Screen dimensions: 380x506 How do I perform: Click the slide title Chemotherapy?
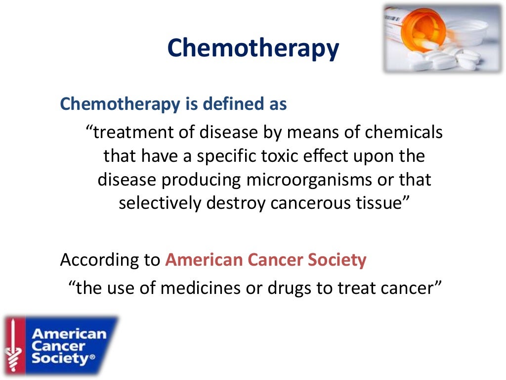[253, 49]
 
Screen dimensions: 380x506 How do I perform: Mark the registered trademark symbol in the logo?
[91, 359]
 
